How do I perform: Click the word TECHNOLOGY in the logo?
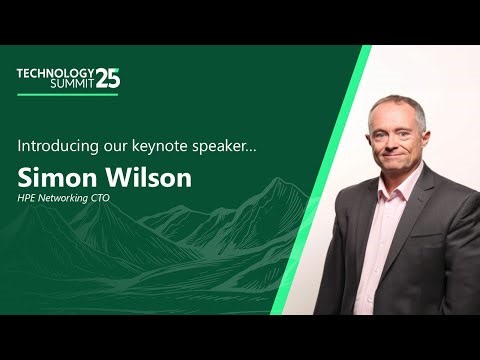[x=55, y=73]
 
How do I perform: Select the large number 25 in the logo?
[x=108, y=79]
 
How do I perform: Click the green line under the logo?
[x=57, y=95]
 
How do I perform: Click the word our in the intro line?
[x=123, y=147]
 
